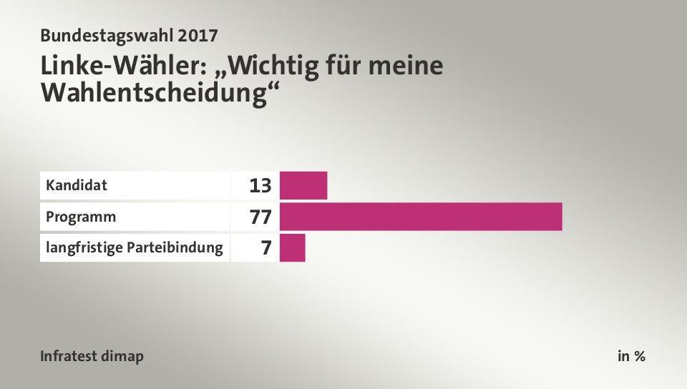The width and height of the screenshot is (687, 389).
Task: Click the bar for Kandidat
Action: [303, 185]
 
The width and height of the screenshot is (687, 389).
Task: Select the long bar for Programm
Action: [421, 216]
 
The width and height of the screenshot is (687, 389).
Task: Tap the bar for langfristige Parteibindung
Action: [292, 247]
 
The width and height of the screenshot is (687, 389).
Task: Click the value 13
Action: [260, 186]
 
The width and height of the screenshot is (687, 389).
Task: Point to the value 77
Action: [260, 217]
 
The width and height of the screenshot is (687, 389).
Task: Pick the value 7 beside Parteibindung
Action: [266, 248]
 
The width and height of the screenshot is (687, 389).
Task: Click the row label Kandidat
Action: [77, 185]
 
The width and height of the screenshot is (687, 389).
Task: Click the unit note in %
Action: [631, 356]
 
